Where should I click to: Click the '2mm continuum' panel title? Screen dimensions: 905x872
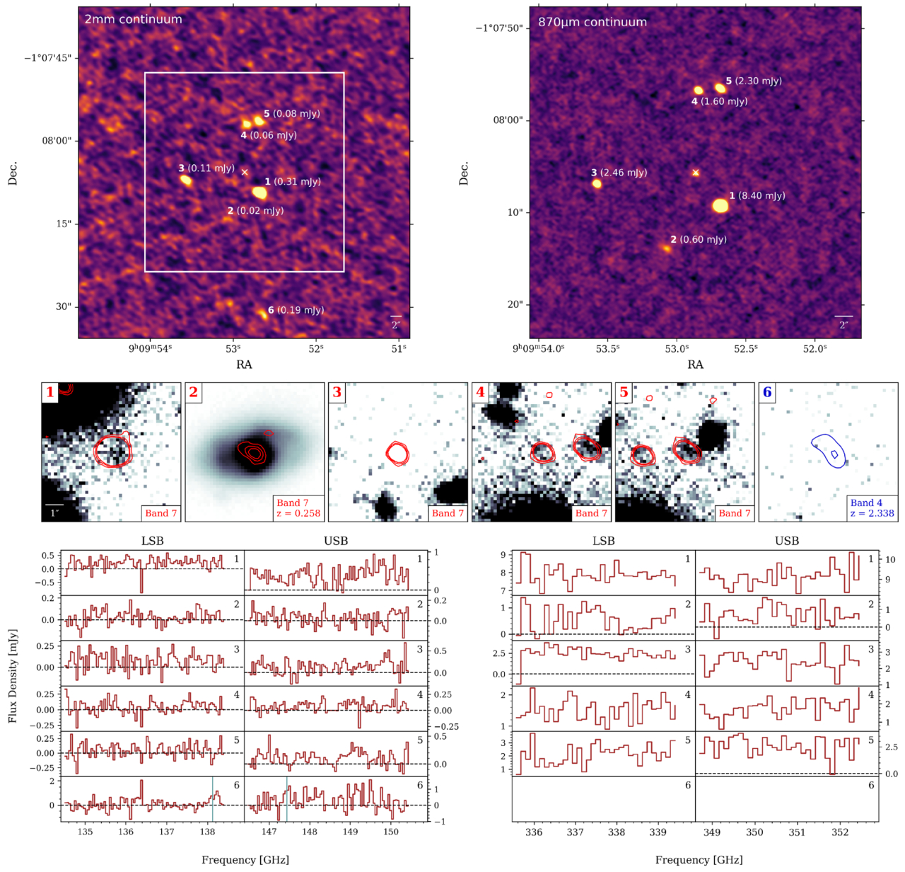(133, 20)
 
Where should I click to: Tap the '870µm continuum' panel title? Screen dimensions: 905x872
(592, 23)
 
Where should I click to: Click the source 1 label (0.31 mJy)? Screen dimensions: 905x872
(293, 182)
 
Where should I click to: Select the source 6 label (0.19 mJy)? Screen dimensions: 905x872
(296, 310)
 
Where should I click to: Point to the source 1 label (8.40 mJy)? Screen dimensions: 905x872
(757, 195)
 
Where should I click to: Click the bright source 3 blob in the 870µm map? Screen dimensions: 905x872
(597, 184)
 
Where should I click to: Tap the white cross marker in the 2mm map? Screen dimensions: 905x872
(245, 172)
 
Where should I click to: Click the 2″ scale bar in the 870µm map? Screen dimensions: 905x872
(843, 316)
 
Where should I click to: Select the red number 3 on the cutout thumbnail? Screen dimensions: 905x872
(337, 392)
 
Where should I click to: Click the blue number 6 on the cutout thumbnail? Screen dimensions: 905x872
(767, 392)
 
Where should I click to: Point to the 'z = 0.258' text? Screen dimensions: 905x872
(298, 513)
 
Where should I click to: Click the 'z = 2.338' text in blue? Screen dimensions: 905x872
(872, 513)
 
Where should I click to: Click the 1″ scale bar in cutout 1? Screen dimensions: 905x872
(54, 505)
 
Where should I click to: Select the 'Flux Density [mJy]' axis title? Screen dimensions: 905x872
(13, 675)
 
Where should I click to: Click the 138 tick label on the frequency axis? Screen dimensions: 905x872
(207, 832)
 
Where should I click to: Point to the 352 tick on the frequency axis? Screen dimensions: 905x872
(840, 832)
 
